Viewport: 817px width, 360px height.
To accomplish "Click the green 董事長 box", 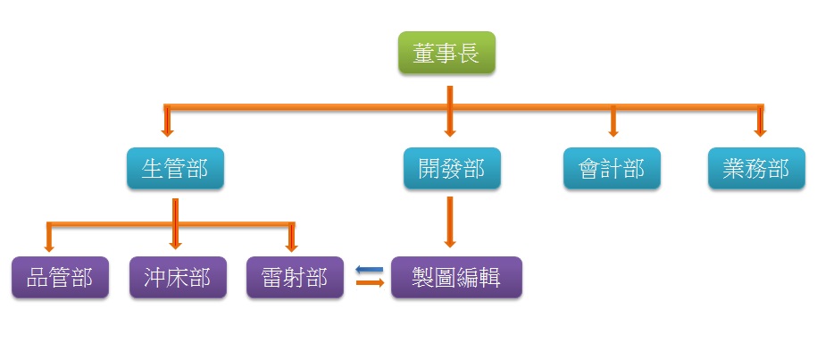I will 446,54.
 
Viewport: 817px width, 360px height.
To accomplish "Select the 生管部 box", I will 175,168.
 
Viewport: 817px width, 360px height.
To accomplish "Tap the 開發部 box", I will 452,168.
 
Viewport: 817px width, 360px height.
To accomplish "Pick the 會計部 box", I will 612,168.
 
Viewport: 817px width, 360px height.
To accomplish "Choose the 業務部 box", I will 756,168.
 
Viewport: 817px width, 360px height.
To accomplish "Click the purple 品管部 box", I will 61,277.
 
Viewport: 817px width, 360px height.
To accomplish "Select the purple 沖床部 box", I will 177,277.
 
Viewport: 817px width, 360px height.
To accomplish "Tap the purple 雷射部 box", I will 295,277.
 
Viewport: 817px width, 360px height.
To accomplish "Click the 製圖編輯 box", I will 456,277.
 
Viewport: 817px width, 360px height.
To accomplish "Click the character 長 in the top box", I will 469,54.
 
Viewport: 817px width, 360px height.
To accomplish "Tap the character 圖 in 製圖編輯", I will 445,277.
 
